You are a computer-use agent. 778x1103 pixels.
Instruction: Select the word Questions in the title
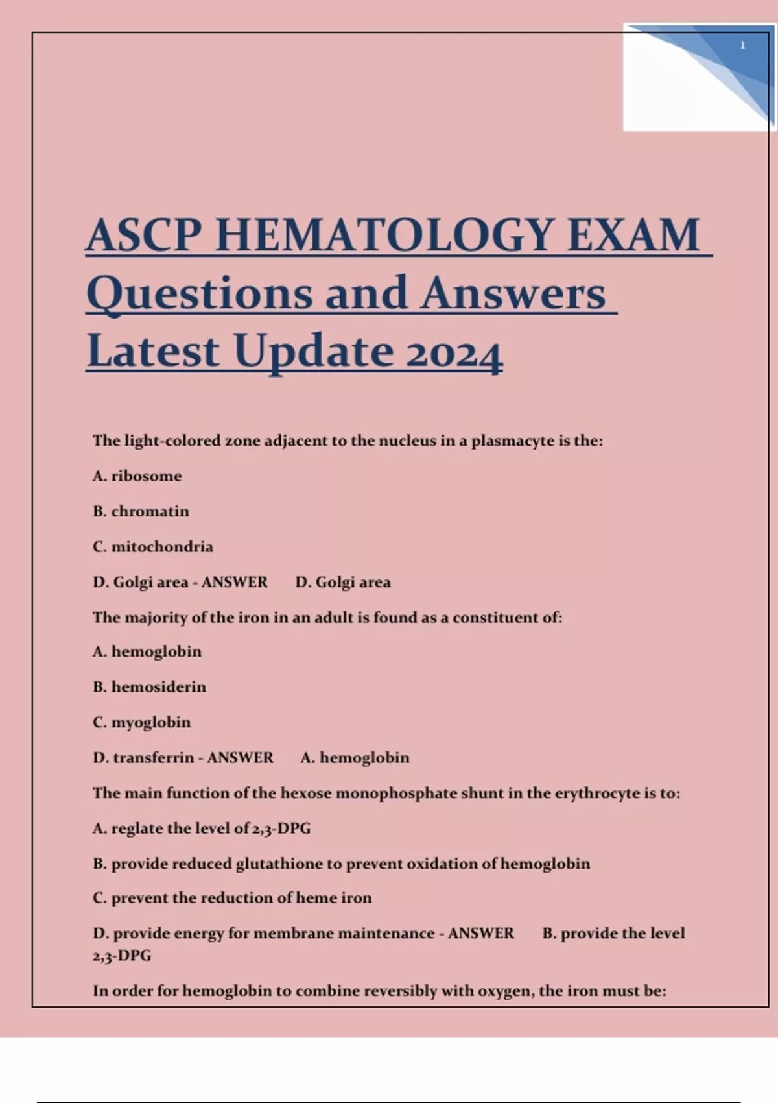tap(200, 293)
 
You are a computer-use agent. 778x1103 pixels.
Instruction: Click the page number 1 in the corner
tap(742, 45)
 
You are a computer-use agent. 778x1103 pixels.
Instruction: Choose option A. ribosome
tap(137, 476)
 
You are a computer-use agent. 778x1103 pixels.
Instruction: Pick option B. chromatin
tap(141, 511)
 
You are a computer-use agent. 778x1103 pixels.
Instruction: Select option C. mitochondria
tap(153, 547)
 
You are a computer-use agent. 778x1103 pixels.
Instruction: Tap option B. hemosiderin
tap(149, 686)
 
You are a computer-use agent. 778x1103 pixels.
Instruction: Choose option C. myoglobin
tap(142, 722)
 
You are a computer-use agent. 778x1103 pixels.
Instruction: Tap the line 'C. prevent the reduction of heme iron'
tap(232, 898)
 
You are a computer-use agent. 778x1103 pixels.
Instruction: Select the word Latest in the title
tap(153, 352)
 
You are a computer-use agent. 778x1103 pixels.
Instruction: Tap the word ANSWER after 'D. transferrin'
tap(240, 758)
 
